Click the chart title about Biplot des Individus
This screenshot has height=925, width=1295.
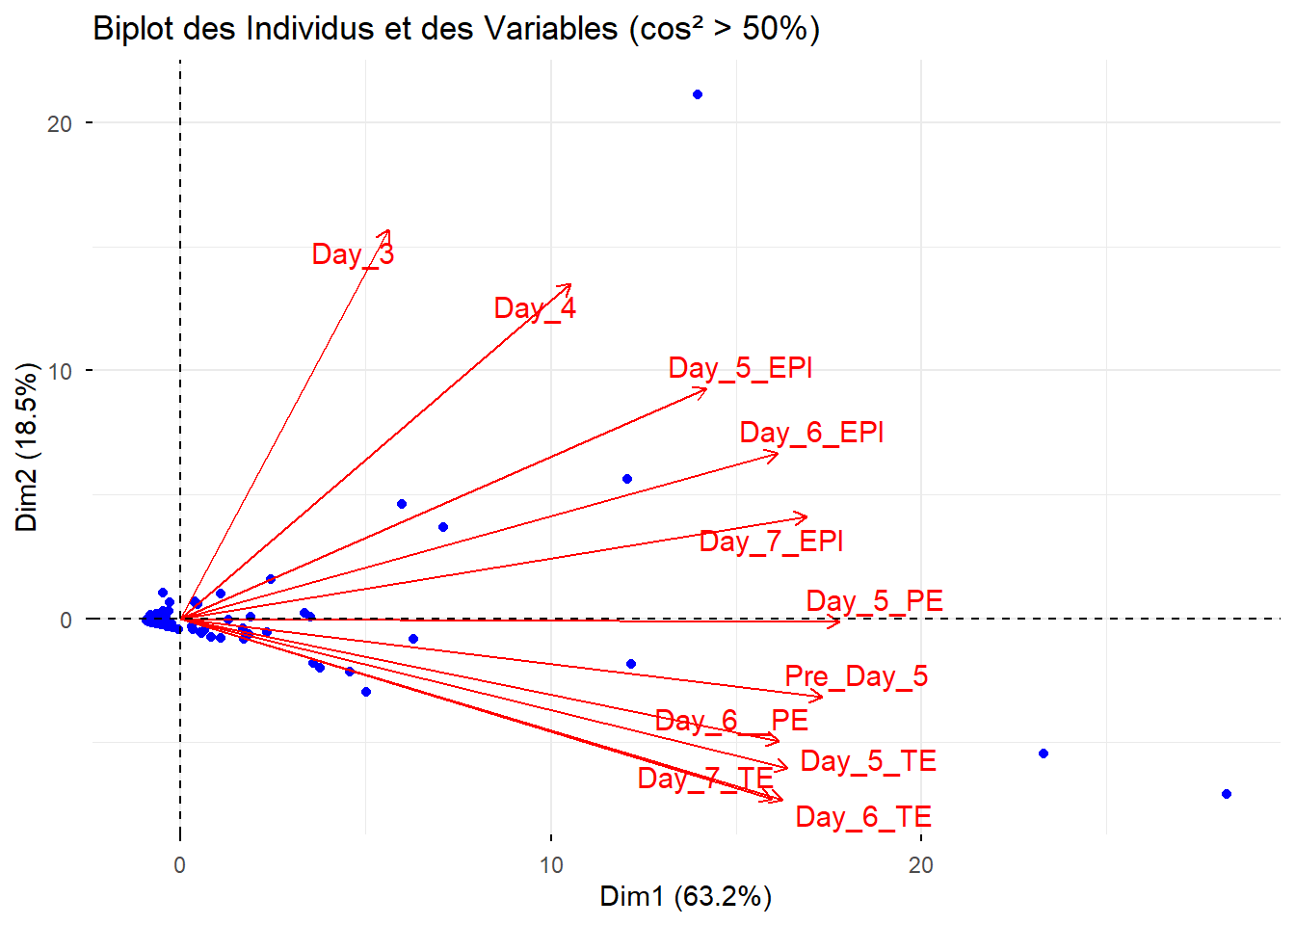tap(456, 29)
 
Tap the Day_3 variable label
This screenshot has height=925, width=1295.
tap(353, 254)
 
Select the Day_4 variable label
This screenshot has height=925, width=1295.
tap(535, 308)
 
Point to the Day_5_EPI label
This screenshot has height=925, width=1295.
tap(740, 368)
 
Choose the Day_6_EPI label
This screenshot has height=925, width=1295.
tap(811, 433)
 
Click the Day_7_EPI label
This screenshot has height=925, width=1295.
tap(771, 542)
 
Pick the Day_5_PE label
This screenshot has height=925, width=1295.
tap(874, 601)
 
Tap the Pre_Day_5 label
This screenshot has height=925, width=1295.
tap(856, 676)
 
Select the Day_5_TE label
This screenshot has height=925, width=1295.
tap(868, 761)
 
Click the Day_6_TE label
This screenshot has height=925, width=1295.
tap(863, 817)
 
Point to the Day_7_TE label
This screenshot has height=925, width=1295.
tap(705, 779)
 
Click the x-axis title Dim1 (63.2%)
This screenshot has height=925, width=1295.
tap(685, 896)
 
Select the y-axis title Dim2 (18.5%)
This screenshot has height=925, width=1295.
tap(27, 447)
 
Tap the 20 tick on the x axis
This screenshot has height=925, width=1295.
tap(921, 865)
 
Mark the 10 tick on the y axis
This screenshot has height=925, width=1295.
tap(60, 371)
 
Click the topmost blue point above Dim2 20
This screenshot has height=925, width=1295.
tap(698, 94)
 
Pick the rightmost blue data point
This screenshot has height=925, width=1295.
tap(1226, 794)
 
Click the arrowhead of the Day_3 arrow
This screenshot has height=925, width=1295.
tap(388, 231)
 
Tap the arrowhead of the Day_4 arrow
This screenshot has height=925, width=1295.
tap(570, 285)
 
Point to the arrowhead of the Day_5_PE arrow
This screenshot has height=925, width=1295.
tap(839, 621)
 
